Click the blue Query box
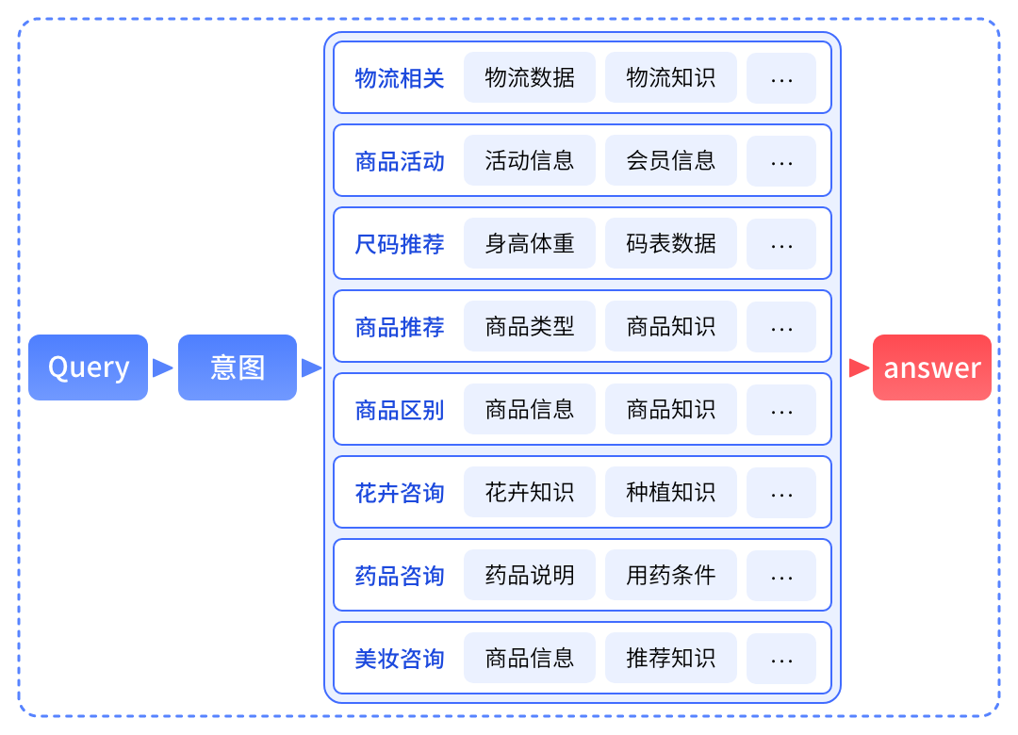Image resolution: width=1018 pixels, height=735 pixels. [x=89, y=367]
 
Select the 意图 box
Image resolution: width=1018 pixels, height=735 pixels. [x=238, y=367]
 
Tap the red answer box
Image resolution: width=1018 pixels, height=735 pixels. [x=931, y=367]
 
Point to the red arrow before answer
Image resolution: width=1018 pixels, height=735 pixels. [x=858, y=367]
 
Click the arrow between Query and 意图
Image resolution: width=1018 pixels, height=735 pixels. [x=163, y=367]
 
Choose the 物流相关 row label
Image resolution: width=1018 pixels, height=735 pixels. [x=400, y=78]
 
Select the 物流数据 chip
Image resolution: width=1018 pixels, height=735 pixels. [x=530, y=77]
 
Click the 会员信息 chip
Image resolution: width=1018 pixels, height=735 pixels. [x=671, y=160]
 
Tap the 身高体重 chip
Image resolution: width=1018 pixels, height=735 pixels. [x=530, y=243]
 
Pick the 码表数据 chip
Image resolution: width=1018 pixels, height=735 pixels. [x=671, y=243]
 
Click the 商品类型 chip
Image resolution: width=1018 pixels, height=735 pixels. [x=530, y=326]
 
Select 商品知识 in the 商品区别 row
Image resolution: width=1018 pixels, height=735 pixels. [x=671, y=409]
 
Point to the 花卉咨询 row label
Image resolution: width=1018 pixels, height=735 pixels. [x=400, y=493]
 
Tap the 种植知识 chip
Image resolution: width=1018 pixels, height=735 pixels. [x=671, y=492]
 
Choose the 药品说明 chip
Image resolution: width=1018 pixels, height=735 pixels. [x=530, y=575]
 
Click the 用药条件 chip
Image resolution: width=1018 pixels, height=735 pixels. [x=671, y=575]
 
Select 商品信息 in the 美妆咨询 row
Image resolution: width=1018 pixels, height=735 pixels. [x=530, y=658]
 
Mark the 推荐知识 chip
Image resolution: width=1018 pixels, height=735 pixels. [x=671, y=658]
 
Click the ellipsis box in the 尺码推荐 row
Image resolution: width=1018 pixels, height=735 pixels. [x=781, y=244]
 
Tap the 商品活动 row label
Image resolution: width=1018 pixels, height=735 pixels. [x=400, y=161]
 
